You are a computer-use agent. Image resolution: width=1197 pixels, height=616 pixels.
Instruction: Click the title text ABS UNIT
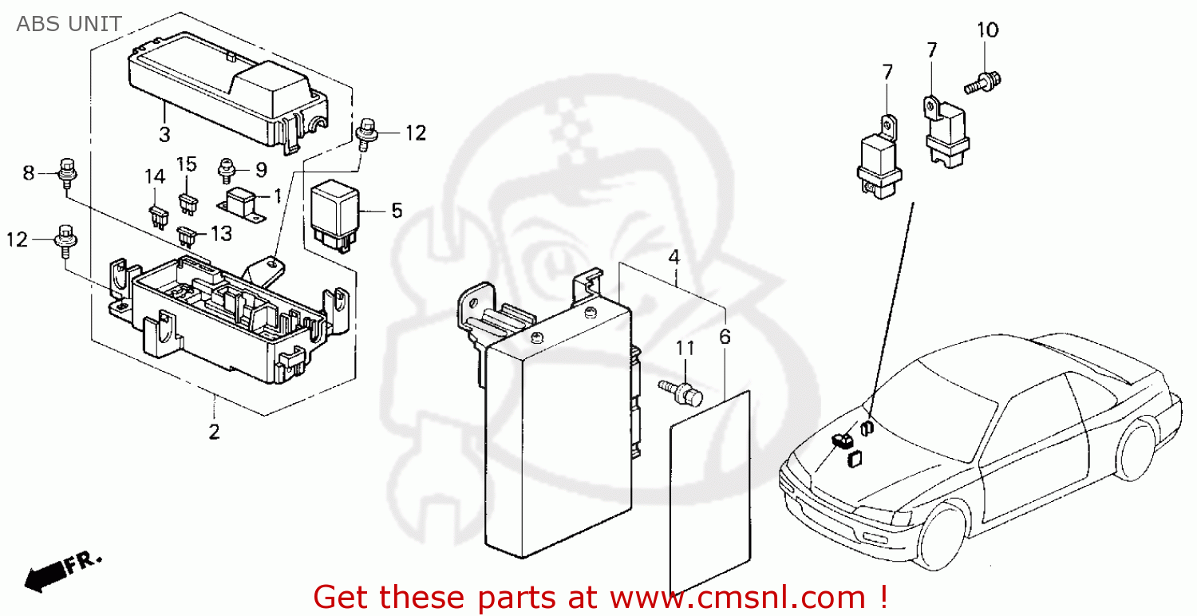[69, 24]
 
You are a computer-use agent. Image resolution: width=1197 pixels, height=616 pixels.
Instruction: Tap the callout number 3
[164, 134]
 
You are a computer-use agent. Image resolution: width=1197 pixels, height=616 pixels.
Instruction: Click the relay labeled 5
[334, 211]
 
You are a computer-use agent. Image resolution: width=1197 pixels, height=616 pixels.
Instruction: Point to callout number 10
[987, 31]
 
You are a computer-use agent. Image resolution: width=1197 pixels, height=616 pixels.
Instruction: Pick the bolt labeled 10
[982, 81]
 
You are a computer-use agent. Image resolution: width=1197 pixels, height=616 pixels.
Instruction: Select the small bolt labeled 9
[227, 168]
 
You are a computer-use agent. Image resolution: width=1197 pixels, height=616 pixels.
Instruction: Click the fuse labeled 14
[156, 213]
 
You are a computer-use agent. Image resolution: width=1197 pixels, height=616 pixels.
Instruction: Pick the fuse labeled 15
[189, 203]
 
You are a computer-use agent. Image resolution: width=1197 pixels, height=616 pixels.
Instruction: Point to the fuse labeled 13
[187, 236]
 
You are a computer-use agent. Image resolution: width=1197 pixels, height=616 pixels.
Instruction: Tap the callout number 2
[214, 432]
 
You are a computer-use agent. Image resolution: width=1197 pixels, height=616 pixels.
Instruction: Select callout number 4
[674, 258]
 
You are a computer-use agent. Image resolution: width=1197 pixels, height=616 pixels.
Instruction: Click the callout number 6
[725, 337]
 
